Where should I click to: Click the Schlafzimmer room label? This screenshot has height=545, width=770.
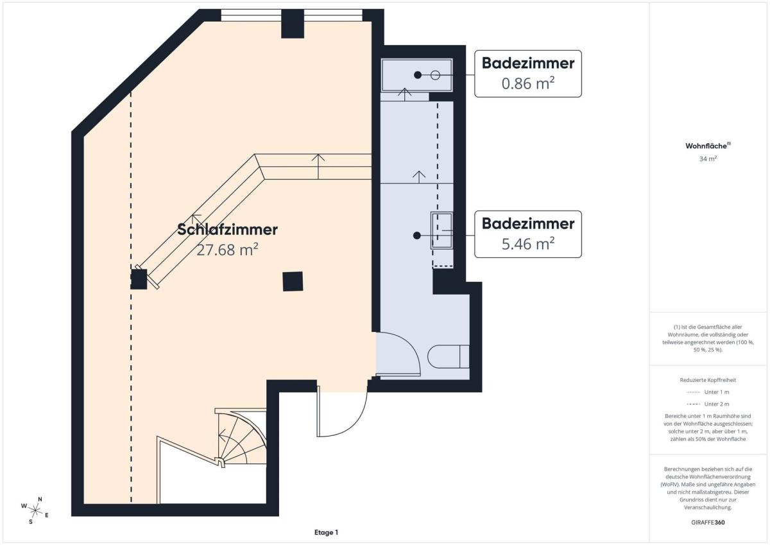tap(227, 230)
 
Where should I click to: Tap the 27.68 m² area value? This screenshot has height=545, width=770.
tap(227, 250)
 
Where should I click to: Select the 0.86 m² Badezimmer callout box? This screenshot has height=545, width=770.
tap(528, 74)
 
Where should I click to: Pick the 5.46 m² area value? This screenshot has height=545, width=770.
tap(528, 243)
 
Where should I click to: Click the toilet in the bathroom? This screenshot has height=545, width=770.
tap(449, 356)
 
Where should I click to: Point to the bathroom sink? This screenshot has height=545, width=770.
tap(441, 230)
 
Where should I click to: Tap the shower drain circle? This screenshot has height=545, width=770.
tap(435, 75)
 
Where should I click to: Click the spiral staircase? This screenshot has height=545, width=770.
tap(241, 437)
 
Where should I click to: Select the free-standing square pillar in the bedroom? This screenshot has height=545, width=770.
tap(293, 281)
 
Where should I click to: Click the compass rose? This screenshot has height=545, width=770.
tap(35, 510)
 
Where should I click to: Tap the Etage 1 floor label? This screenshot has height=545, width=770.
tap(326, 532)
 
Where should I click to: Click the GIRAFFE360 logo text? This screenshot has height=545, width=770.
tap(708, 523)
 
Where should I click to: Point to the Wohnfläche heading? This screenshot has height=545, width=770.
tap(708, 146)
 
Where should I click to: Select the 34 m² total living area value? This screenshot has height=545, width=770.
tap(708, 159)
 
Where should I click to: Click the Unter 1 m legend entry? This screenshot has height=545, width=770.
tap(708, 392)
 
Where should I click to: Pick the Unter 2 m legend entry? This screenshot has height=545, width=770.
tap(708, 404)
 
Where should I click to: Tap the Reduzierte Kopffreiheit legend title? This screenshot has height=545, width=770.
tap(708, 380)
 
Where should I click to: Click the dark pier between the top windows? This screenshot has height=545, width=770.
tap(293, 23)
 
